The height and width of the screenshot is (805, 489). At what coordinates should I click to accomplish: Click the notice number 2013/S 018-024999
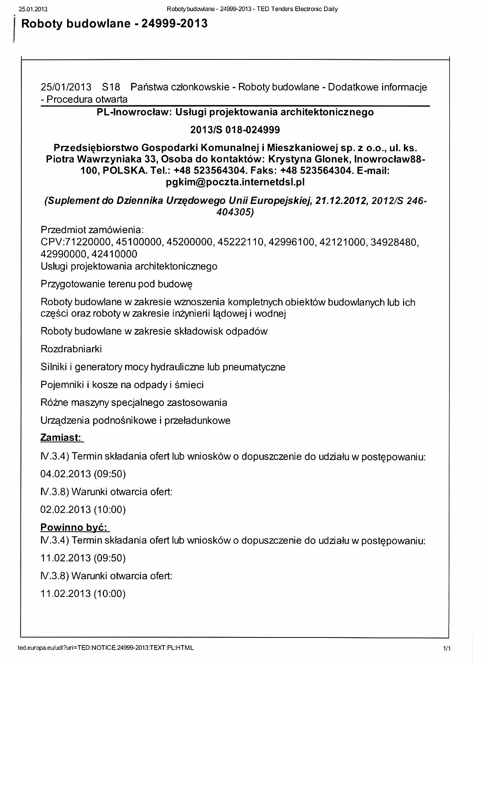[235, 130]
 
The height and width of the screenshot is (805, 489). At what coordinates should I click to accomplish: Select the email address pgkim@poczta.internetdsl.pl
[235, 182]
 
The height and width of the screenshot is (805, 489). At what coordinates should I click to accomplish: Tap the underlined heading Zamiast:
[61, 437]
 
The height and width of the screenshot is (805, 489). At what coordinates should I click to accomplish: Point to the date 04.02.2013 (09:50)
[83, 474]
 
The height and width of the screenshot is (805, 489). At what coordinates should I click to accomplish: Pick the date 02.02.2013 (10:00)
[83, 509]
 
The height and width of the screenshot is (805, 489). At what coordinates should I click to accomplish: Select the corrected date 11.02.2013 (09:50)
[83, 558]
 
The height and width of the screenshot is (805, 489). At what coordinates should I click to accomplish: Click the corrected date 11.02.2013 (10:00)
[83, 593]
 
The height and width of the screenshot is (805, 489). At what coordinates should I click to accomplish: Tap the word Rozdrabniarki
[71, 349]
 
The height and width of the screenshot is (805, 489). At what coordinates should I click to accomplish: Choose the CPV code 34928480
[394, 242]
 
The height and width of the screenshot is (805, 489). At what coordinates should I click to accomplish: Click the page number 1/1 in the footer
[446, 649]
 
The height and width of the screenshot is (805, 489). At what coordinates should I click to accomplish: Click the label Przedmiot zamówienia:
[92, 230]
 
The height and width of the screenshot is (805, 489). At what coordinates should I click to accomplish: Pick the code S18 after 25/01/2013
[111, 87]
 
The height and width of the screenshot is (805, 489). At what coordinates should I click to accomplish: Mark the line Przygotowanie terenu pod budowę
[116, 284]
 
